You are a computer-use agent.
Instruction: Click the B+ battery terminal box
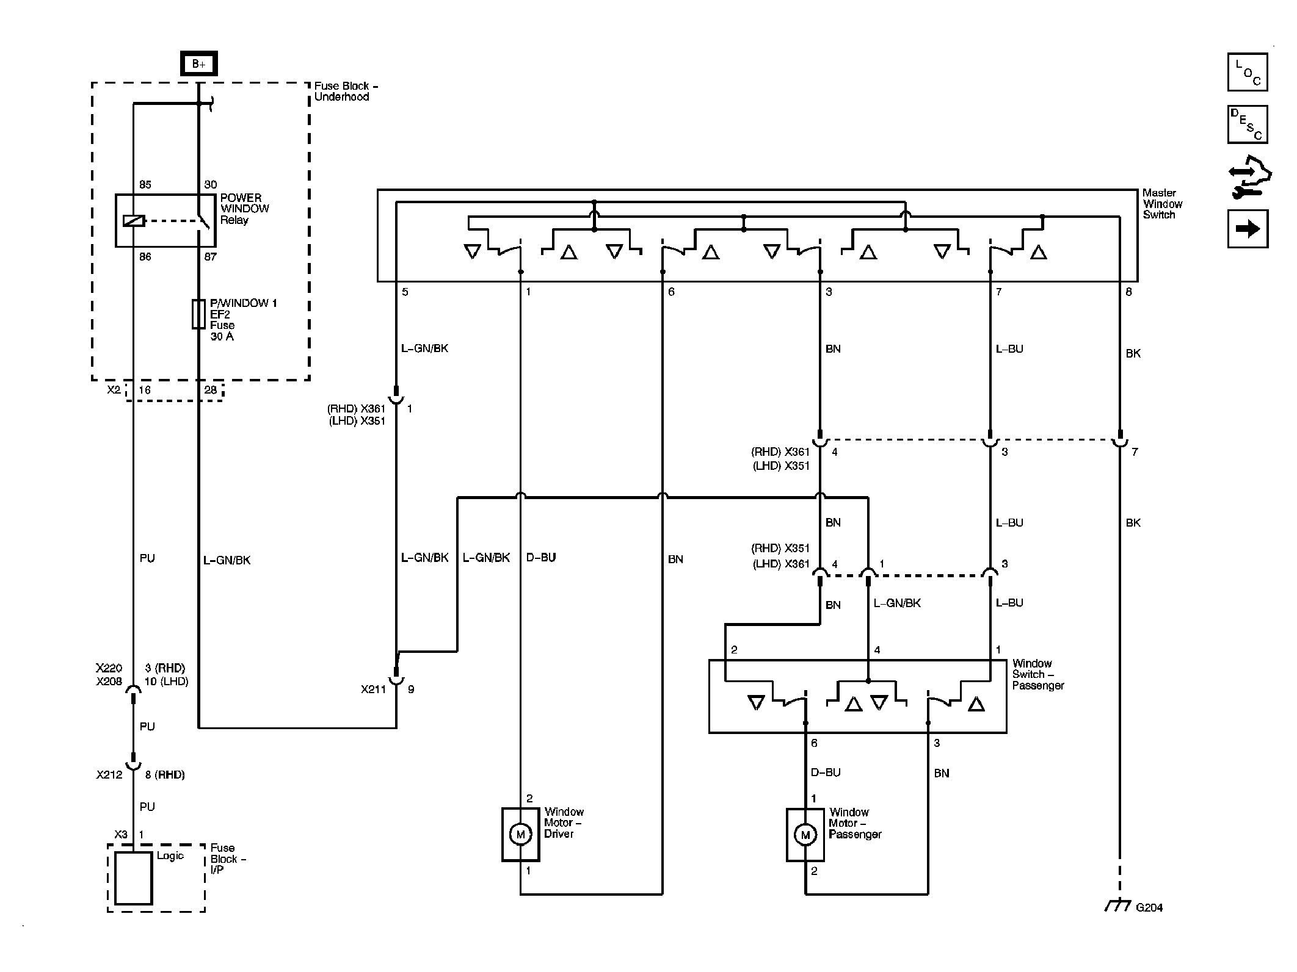click(x=199, y=63)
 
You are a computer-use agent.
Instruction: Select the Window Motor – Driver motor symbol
click(x=520, y=834)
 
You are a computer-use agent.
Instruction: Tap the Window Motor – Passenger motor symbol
click(x=805, y=835)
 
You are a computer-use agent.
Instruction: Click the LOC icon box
click(x=1248, y=72)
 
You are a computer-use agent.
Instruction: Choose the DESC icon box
click(x=1248, y=124)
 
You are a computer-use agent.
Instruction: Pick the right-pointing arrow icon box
click(x=1248, y=229)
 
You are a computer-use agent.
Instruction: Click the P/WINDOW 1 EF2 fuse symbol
click(x=198, y=314)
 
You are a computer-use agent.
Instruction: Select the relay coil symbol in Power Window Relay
click(x=134, y=220)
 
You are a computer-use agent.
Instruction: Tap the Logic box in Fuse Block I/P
click(x=134, y=879)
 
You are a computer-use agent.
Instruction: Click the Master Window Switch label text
click(x=1163, y=204)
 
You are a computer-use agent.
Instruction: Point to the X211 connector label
click(x=372, y=689)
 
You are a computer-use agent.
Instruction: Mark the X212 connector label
click(x=109, y=775)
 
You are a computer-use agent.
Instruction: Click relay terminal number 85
click(x=145, y=184)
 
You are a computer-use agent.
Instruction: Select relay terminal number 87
click(x=210, y=257)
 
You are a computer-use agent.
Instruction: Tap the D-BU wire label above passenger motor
click(x=826, y=772)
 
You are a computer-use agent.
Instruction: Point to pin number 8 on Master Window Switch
click(x=1128, y=292)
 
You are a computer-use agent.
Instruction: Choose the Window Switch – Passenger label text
click(x=1038, y=674)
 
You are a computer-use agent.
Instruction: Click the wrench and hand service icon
click(x=1249, y=177)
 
